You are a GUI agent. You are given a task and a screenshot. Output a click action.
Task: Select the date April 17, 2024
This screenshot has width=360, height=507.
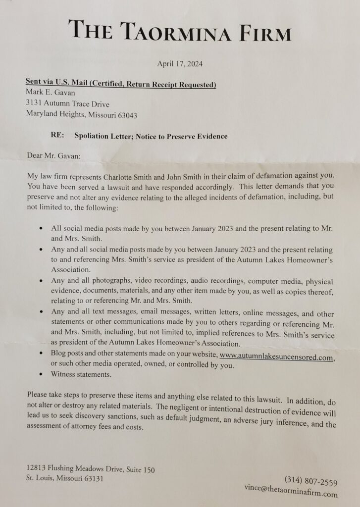point(180,63)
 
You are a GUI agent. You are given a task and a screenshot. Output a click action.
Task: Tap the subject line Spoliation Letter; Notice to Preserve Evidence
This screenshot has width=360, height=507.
point(151,136)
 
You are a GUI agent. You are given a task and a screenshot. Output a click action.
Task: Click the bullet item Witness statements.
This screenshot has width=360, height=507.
point(81,375)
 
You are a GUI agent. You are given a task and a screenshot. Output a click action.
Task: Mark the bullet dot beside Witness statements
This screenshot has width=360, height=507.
point(40,375)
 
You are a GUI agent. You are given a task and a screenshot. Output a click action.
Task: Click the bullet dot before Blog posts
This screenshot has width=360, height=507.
point(40,355)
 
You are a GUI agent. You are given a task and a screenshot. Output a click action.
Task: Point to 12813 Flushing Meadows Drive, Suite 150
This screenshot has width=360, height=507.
point(90,469)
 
